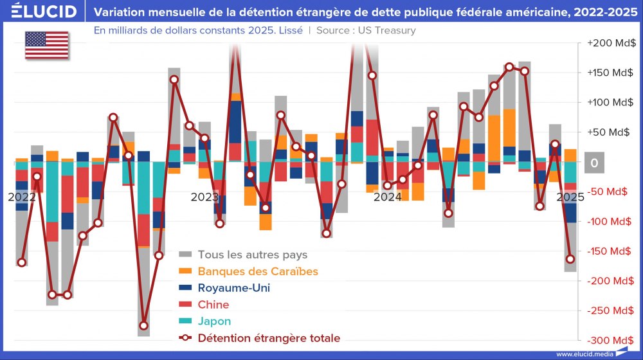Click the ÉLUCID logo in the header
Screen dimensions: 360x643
pyautogui.click(x=44, y=12)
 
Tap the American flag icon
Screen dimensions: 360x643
pyautogui.click(x=46, y=45)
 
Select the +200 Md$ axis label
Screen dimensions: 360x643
pyautogui.click(x=611, y=43)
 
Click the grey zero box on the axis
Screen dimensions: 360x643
pyautogui.click(x=594, y=163)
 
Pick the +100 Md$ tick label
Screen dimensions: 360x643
pyautogui.click(x=611, y=102)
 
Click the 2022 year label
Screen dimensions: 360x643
pyautogui.click(x=22, y=197)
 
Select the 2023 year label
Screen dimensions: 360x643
pyautogui.click(x=204, y=197)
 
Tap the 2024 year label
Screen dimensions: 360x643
pyautogui.click(x=388, y=197)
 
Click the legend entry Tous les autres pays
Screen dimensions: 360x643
pyautogui.click(x=252, y=255)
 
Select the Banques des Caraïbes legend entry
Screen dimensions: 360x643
pyautogui.click(x=257, y=271)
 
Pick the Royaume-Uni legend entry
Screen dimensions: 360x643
pyautogui.click(x=233, y=288)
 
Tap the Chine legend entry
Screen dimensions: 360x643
pyautogui.click(x=213, y=305)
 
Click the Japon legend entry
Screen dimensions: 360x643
pyautogui.click(x=214, y=321)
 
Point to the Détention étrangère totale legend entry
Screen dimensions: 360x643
pyautogui.click(x=269, y=338)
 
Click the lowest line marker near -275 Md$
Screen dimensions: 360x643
pyautogui.click(x=143, y=326)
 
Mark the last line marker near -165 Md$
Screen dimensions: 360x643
pyautogui.click(x=570, y=259)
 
